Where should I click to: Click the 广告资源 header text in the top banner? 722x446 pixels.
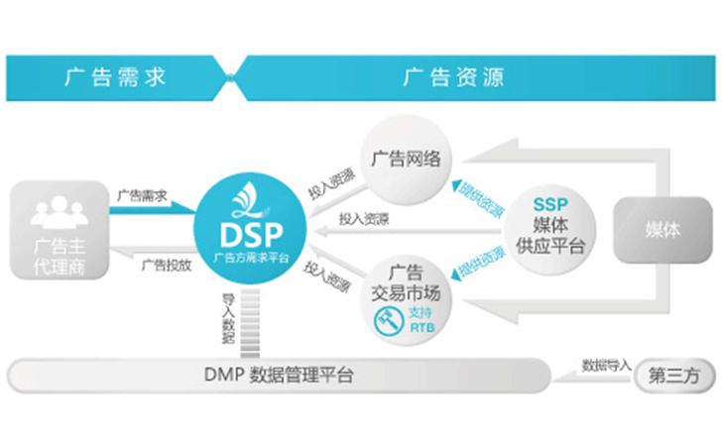point(452,77)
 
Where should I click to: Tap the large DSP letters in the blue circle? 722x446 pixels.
point(247,235)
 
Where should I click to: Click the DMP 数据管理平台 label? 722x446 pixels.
point(279,375)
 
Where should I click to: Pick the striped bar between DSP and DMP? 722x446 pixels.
point(250,319)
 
